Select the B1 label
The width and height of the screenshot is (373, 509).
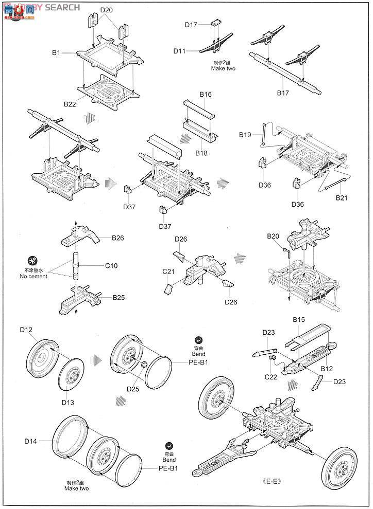[x=57, y=52]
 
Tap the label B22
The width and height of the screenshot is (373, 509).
[x=70, y=104]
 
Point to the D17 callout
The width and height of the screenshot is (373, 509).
[x=192, y=24]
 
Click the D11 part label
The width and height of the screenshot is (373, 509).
[x=179, y=51]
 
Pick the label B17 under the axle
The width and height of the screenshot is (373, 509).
[x=283, y=93]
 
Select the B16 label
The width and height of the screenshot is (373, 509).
[x=205, y=95]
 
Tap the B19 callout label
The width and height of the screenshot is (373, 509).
[x=245, y=134]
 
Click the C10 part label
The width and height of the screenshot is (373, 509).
[x=112, y=266]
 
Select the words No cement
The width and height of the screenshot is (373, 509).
[x=33, y=277]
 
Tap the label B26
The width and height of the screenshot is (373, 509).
[x=118, y=238]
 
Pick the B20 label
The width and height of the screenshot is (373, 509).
[x=273, y=236]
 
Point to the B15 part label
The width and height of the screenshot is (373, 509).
[x=299, y=320]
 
